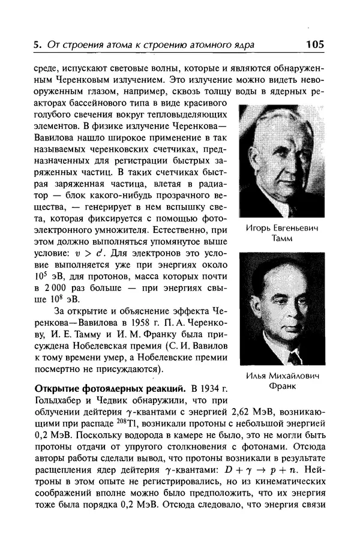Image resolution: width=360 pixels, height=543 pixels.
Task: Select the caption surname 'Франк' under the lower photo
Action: pos(282,386)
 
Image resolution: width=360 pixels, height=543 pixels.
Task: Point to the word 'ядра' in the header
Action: pos(245,45)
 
